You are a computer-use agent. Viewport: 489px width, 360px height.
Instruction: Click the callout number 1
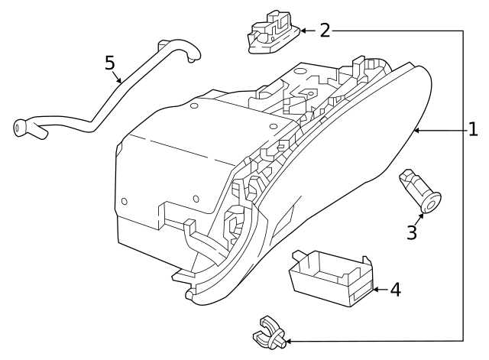pyautogui.click(x=473, y=129)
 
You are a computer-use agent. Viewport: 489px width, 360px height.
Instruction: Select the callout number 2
pyautogui.click(x=325, y=30)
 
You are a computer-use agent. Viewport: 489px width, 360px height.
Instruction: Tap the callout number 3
pyautogui.click(x=412, y=232)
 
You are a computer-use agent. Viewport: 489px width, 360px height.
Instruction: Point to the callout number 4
pyautogui.click(x=395, y=290)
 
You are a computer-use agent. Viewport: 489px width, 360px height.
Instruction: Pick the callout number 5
pyautogui.click(x=111, y=62)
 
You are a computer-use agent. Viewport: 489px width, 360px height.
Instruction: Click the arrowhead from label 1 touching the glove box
pyautogui.click(x=417, y=131)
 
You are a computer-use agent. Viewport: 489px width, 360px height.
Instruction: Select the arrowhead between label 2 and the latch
pyautogui.click(x=300, y=31)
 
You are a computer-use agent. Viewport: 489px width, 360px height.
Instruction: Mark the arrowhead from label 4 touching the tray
pyautogui.click(x=375, y=290)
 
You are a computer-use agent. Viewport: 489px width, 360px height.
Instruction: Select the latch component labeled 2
pyautogui.click(x=271, y=32)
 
